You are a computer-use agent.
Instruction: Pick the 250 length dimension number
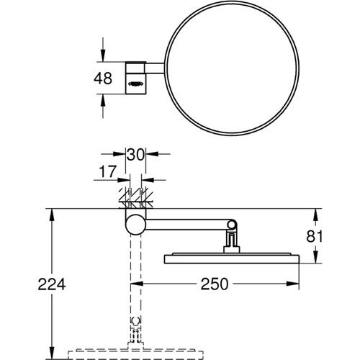point(215,284)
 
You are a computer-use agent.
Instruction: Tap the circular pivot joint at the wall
point(135,224)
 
